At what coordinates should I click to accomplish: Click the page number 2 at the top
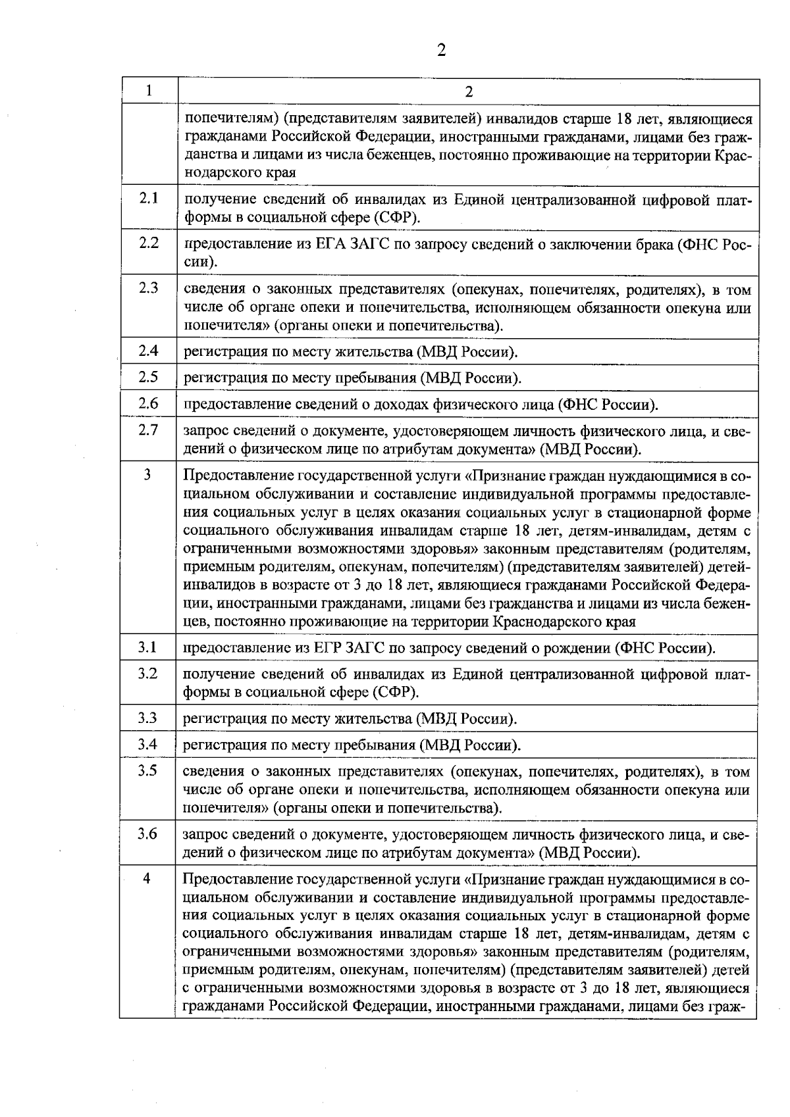[442, 51]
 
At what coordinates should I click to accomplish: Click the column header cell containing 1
[149, 91]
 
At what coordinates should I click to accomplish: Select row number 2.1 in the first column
[149, 198]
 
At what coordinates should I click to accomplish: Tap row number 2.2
[149, 243]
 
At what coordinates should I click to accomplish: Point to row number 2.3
[149, 288]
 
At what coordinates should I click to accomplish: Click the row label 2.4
[149, 351]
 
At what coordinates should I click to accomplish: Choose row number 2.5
[149, 377]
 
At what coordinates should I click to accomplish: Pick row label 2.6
[149, 403]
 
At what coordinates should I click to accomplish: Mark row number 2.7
[149, 430]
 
